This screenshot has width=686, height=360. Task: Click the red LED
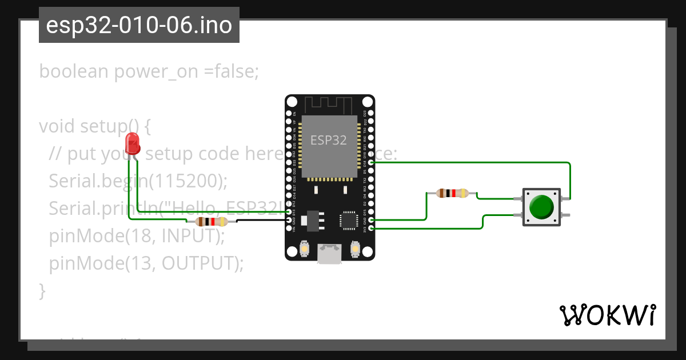click(x=133, y=143)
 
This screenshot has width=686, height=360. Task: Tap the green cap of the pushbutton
click(x=541, y=207)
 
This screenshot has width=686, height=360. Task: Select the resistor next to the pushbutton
click(x=452, y=193)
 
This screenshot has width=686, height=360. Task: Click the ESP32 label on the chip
click(x=329, y=140)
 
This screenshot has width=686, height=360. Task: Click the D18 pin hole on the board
click(x=372, y=162)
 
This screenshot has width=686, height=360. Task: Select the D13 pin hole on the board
click(x=289, y=211)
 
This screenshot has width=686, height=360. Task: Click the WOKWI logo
click(x=607, y=315)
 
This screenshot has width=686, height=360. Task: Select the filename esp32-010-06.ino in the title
click(x=139, y=25)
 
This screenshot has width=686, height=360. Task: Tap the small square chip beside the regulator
click(x=348, y=220)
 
